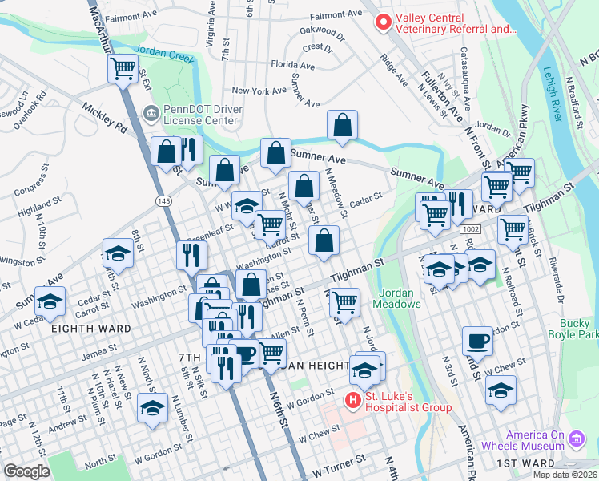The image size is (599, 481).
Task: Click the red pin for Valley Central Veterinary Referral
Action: (383, 22)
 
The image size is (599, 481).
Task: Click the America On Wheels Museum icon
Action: (575, 439)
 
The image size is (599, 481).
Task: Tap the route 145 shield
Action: (164, 200)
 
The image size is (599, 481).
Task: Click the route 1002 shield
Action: (470, 229)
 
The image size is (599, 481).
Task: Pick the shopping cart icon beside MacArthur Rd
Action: (123, 69)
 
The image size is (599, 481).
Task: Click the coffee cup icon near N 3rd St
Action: (477, 340)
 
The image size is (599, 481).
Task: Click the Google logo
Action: (27, 471)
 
